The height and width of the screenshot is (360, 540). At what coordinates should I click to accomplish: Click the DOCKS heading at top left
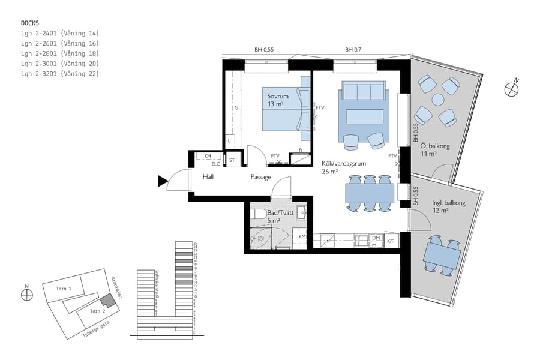point(30,23)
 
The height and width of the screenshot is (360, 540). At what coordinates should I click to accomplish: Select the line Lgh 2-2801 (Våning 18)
point(59,53)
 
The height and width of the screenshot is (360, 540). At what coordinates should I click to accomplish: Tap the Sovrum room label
point(278,96)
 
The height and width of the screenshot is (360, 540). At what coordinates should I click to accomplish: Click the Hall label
point(208,177)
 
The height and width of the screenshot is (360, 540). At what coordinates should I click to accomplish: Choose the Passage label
point(261,177)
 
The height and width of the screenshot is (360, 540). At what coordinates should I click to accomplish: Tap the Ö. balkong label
point(436,146)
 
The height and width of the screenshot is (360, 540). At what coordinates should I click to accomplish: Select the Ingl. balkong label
point(448,203)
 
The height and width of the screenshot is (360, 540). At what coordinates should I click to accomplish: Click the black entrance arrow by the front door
point(162,181)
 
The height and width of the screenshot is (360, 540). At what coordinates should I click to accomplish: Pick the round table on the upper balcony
point(438,100)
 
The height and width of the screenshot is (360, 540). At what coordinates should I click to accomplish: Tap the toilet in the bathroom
point(259,214)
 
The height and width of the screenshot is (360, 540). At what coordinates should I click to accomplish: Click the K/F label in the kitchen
point(391,241)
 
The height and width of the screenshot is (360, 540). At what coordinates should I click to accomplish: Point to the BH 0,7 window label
point(353,50)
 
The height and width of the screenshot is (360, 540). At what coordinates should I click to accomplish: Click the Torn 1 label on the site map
point(64,289)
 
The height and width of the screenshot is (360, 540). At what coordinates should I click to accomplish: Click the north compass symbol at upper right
point(511,89)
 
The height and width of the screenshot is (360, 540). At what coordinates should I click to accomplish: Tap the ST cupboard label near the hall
point(232,160)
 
